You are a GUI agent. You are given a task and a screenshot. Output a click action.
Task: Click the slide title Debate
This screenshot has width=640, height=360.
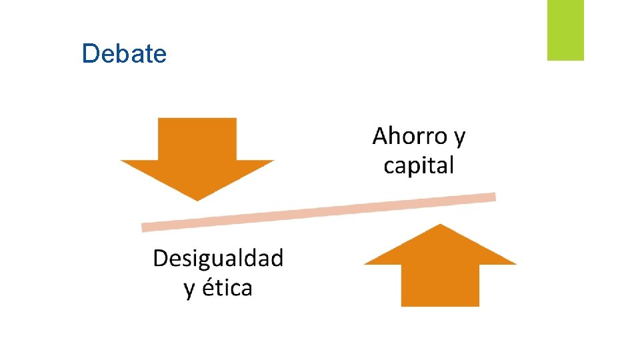pyautogui.click(x=124, y=53)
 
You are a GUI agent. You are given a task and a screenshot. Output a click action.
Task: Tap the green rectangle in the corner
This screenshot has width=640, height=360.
pyautogui.click(x=565, y=30)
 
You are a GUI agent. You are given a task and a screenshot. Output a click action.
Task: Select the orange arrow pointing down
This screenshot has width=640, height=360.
pyautogui.click(x=197, y=160)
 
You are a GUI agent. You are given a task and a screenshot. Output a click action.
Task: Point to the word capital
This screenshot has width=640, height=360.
pyautogui.click(x=419, y=165)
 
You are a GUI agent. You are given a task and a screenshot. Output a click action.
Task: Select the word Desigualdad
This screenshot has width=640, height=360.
pyautogui.click(x=218, y=259)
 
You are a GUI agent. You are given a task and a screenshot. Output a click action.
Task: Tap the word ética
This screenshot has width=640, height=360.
pyautogui.click(x=227, y=288)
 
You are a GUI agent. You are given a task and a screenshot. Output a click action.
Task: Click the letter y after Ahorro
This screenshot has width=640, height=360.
pyautogui.click(x=459, y=139)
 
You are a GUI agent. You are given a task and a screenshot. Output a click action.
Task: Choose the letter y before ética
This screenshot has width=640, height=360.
pyautogui.click(x=190, y=290)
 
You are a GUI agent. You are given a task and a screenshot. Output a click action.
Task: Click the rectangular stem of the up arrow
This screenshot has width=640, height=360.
pyautogui.click(x=440, y=285)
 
